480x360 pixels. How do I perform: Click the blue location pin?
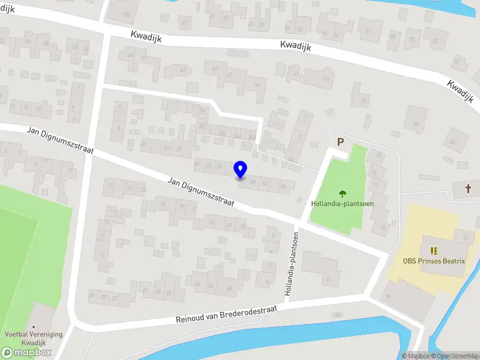(241, 169)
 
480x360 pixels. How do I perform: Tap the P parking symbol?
(340, 142)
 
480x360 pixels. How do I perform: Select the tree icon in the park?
(343, 194)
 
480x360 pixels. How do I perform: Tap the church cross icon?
(469, 189)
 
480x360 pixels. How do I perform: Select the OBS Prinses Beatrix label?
(434, 261)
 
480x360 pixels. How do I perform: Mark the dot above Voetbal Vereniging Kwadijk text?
(34, 326)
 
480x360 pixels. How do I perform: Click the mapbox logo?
(26, 353)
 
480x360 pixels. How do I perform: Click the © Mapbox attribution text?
(417, 356)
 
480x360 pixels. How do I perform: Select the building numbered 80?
(416, 123)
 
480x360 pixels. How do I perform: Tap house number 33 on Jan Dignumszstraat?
(211, 221)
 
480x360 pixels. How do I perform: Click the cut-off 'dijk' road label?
(7, 10)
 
